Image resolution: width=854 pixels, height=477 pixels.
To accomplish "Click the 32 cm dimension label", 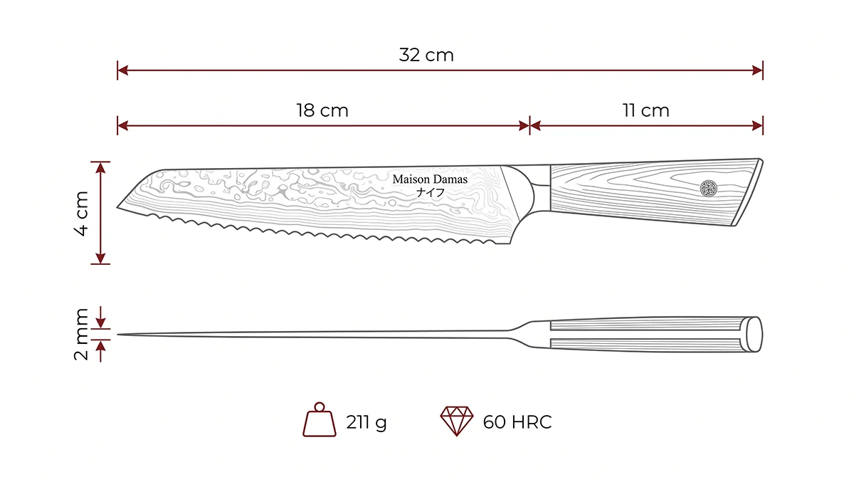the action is click(426, 55).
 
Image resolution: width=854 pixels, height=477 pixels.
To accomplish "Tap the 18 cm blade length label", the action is click(322, 110).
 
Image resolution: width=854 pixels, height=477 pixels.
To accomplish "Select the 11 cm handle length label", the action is click(646, 110).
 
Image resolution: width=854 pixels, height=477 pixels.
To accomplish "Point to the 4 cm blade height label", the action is click(81, 214).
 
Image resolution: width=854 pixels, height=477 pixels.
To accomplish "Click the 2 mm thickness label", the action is click(81, 335).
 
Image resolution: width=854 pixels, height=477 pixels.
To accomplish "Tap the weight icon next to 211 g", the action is click(320, 419).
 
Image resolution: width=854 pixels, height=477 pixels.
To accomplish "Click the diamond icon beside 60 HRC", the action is click(457, 421).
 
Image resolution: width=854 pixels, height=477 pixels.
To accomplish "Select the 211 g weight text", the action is click(367, 422).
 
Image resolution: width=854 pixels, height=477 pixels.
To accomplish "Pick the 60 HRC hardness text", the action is click(517, 422).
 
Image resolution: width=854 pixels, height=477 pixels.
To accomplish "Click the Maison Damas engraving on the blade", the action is click(430, 179).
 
